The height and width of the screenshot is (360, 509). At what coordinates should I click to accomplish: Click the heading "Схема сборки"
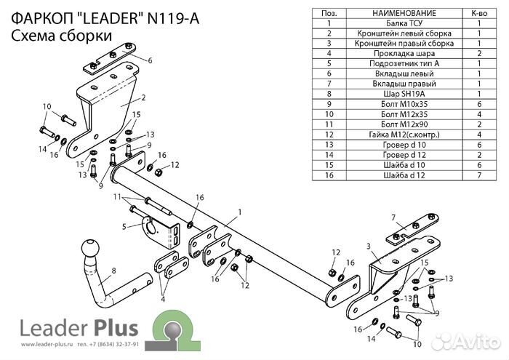(61, 36)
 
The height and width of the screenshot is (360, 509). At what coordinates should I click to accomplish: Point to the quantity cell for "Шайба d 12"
(479, 175)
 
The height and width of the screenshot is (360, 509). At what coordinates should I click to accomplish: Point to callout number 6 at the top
(150, 60)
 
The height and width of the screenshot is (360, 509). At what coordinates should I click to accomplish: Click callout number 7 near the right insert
(392, 217)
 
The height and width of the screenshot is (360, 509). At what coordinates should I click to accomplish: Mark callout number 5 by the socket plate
(125, 227)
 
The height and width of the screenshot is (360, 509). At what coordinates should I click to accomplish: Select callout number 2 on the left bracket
(144, 97)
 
